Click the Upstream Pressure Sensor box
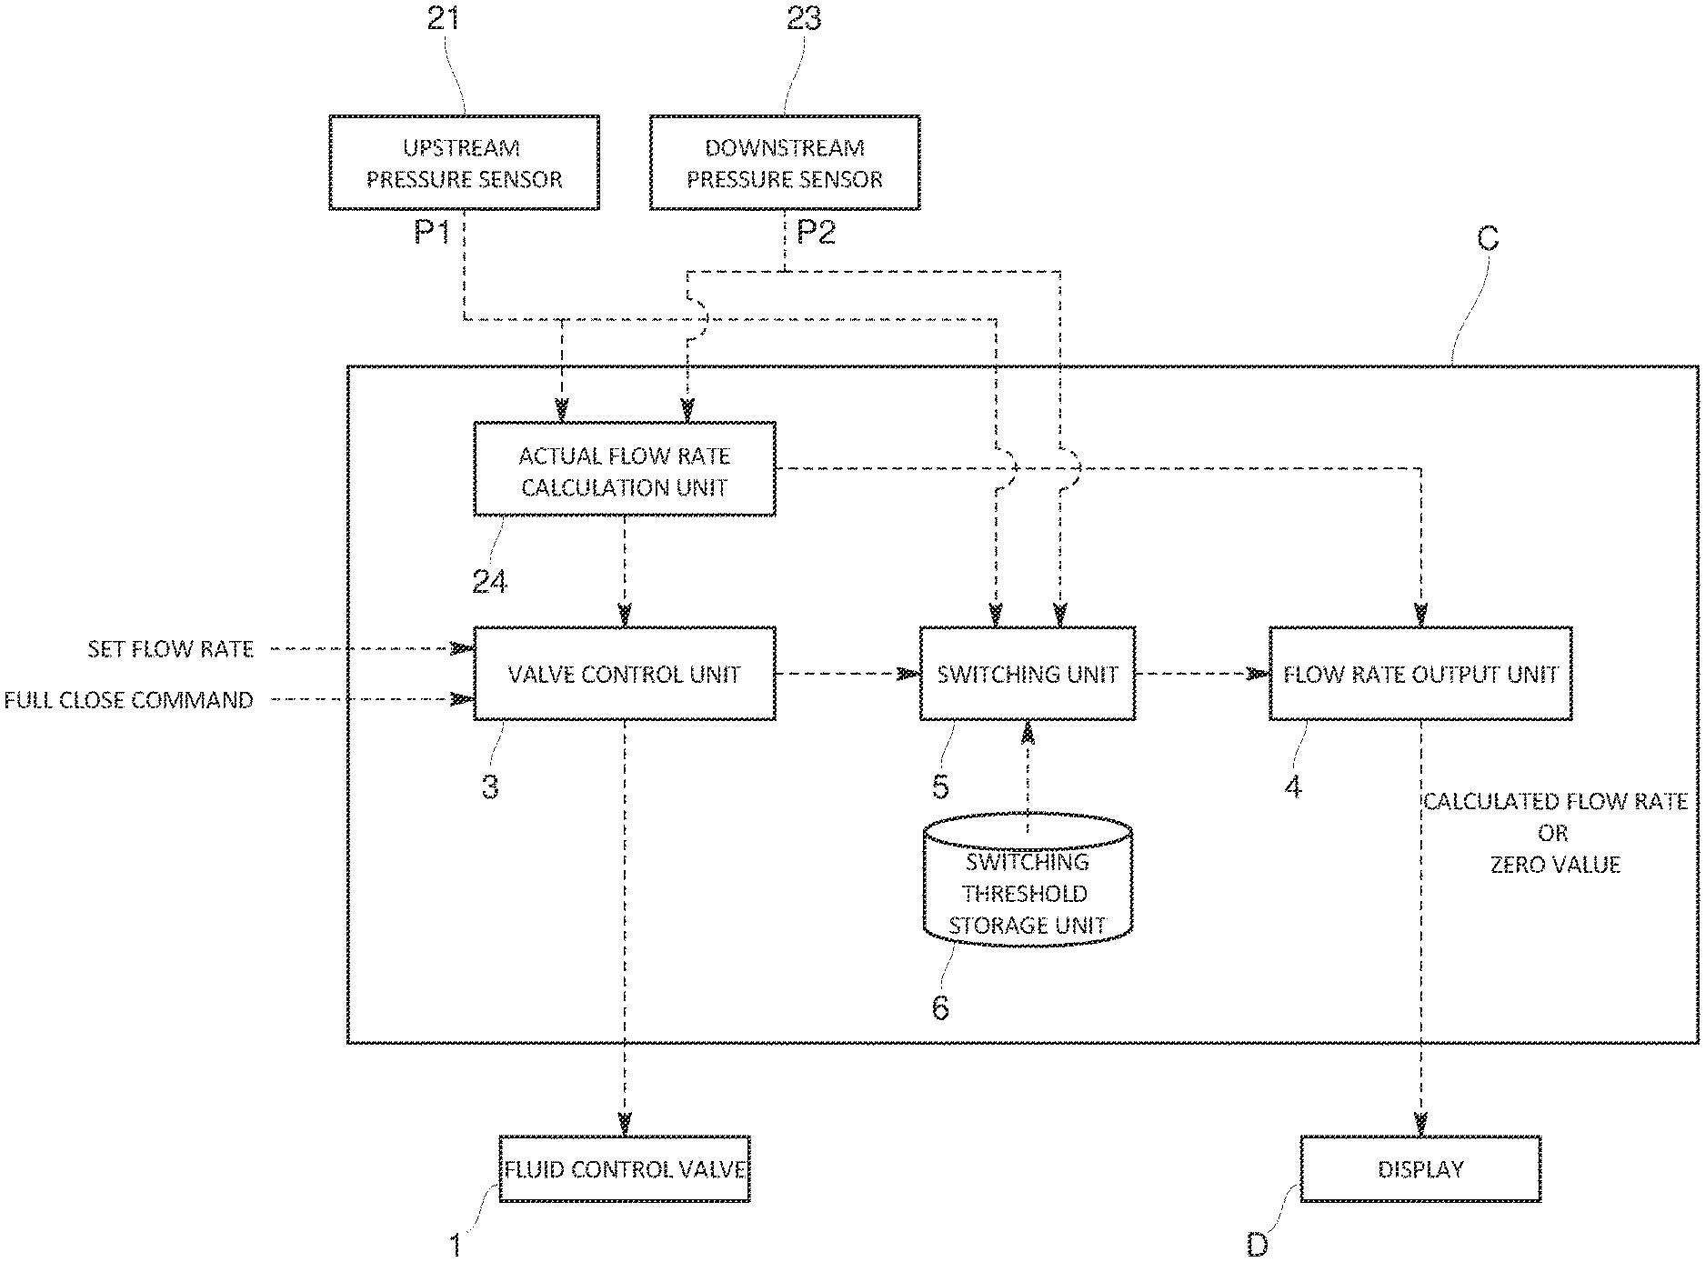point(464,163)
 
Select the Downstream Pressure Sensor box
point(784,163)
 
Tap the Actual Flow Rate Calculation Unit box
point(625,470)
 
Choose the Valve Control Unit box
point(625,674)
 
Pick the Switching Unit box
point(1028,674)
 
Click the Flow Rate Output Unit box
point(1420,674)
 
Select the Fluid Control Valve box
point(625,1169)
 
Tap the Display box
point(1420,1169)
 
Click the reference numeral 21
point(443,18)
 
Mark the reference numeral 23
point(804,18)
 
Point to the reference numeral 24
point(490,581)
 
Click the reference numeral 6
point(940,1007)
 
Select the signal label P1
point(433,233)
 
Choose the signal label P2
point(816,233)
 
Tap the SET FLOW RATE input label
point(170,649)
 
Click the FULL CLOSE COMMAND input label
point(128,700)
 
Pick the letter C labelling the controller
point(1488,239)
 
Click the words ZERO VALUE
point(1555,865)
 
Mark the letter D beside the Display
point(1257,1245)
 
